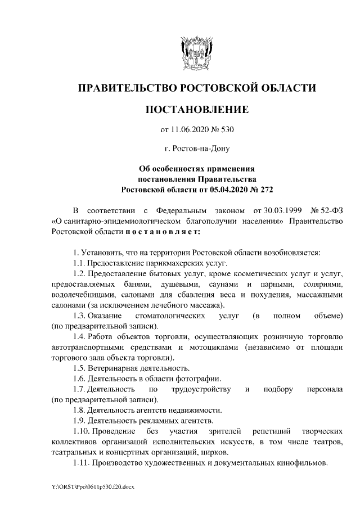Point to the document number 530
[226, 130]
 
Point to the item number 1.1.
[78, 263]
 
